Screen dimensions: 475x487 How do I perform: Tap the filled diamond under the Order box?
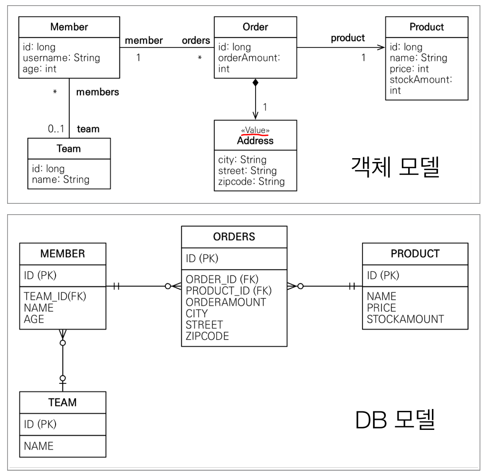pos(256,83)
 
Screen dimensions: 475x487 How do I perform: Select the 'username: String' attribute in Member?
pos(61,58)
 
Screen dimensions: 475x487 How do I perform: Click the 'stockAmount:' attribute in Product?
pos(420,80)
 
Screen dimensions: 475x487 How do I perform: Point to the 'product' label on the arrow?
pos(348,38)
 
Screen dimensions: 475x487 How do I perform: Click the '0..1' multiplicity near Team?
pos(56,129)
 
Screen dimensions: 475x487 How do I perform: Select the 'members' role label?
pos(97,92)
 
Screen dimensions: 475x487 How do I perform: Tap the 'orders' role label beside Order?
pos(196,40)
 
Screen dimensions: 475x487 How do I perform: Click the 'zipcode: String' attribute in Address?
pos(251,181)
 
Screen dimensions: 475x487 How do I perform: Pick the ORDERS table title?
pos(234,237)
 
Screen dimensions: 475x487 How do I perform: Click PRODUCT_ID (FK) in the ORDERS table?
pos(229,290)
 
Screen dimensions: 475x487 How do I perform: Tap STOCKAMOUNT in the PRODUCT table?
pos(405,319)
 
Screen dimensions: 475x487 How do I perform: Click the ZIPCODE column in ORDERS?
pos(207,336)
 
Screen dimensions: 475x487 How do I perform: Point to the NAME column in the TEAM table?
pos(38,446)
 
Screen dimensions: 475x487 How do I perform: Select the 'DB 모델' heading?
pos(395,420)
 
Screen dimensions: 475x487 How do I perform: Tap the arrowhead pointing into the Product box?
pos(381,47)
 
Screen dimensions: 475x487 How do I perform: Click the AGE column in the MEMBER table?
pos(34,319)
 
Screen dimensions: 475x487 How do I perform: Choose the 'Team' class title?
pos(68,149)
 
